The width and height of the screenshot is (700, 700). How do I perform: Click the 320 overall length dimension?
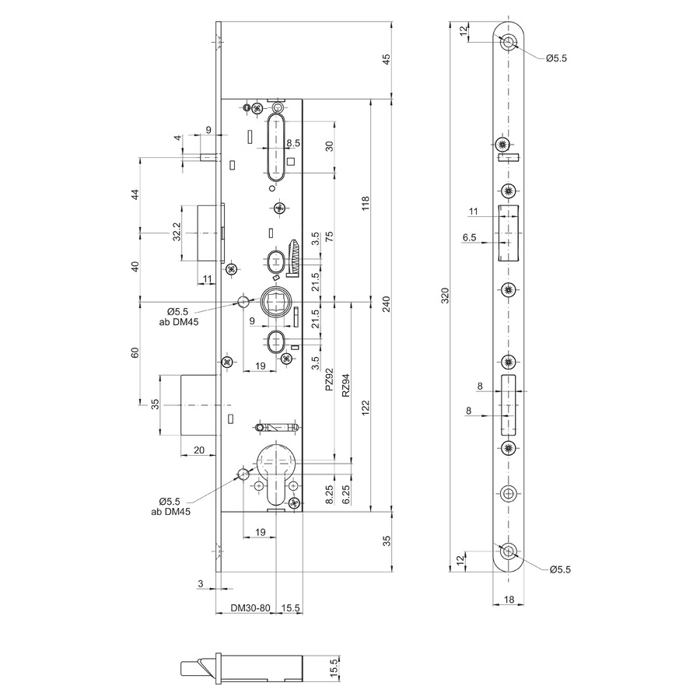click(445, 296)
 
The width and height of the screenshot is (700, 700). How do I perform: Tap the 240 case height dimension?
click(387, 304)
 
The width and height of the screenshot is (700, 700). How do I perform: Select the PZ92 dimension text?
click(329, 380)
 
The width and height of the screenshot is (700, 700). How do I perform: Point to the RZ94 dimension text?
click(345, 385)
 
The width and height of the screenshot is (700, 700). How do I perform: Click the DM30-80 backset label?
click(250, 608)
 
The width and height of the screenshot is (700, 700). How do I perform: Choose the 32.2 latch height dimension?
click(177, 232)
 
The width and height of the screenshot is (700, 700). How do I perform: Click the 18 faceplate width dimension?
click(509, 600)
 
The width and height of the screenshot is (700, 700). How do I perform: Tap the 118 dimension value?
click(366, 204)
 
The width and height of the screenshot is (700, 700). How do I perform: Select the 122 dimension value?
click(366, 408)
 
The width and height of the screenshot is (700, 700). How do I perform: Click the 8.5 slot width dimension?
click(293, 143)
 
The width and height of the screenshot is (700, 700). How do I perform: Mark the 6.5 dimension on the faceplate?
click(469, 237)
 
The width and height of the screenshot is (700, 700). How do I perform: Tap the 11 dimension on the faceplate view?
click(473, 211)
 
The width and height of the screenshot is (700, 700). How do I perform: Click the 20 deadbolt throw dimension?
click(199, 450)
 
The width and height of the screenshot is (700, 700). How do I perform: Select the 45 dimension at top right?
click(387, 59)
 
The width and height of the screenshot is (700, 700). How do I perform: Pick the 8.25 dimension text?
click(329, 495)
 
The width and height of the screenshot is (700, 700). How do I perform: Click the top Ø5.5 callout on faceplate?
click(556, 58)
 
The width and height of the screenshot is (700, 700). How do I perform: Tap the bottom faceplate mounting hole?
click(508, 551)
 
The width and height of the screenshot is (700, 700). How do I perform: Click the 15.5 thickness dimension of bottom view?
click(334, 668)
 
